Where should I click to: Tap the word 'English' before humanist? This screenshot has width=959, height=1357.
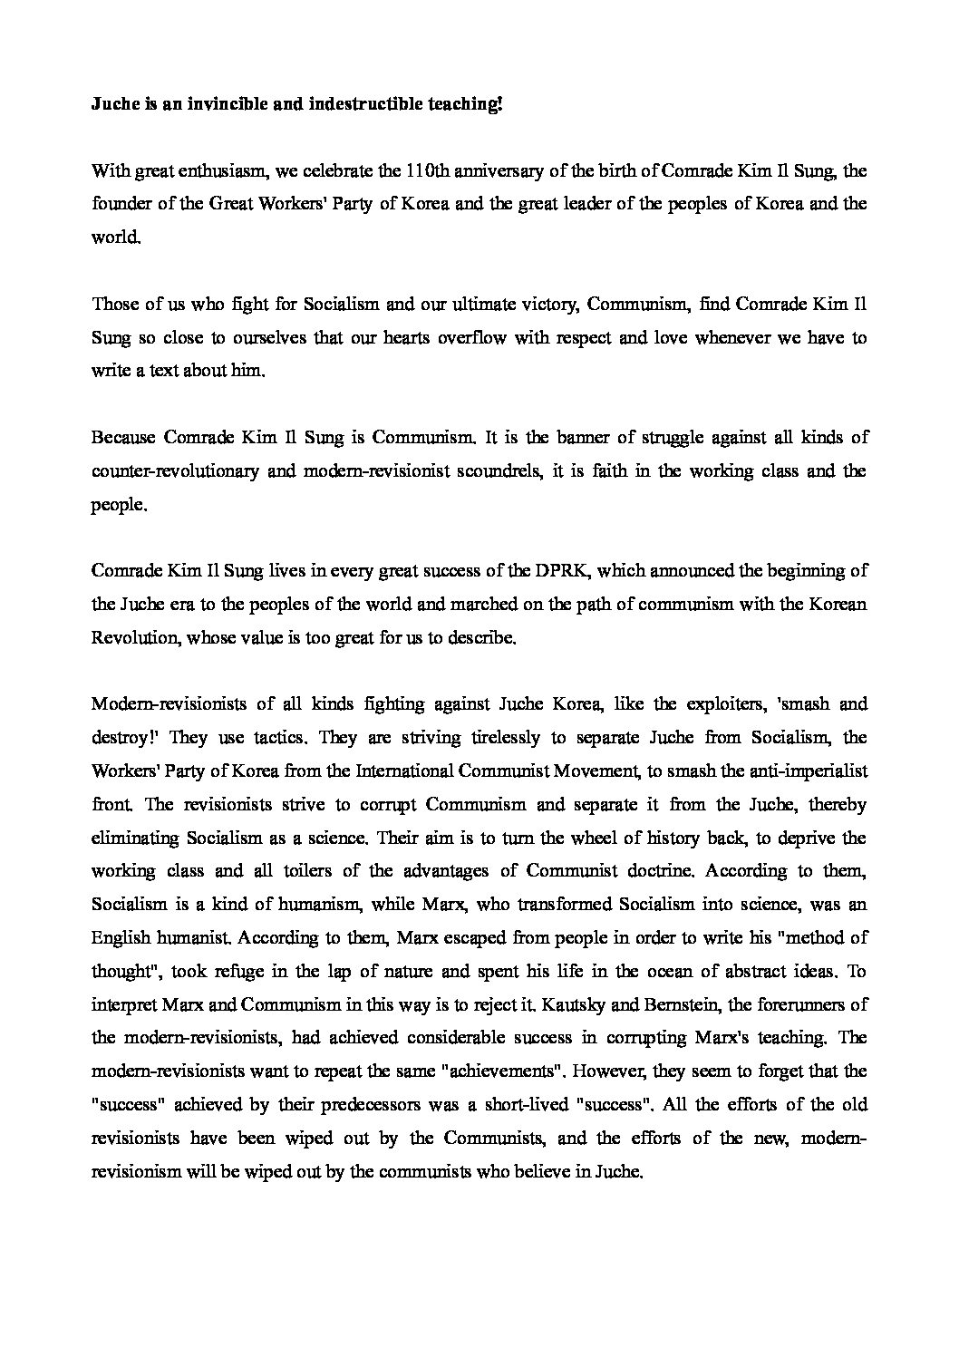click(121, 937)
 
